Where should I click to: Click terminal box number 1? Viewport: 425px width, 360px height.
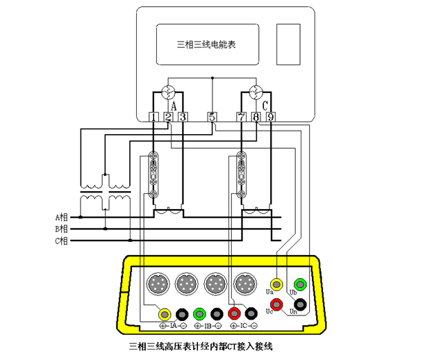(154, 117)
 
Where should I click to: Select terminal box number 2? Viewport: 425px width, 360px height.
(169, 117)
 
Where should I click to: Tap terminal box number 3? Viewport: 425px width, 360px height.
(183, 117)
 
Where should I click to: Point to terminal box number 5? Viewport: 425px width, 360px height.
(212, 117)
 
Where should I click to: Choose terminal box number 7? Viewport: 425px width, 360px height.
(241, 117)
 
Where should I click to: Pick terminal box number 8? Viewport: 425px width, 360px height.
(256, 117)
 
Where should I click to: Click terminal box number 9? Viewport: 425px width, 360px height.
(270, 117)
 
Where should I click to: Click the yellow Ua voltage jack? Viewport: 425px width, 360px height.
(277, 284)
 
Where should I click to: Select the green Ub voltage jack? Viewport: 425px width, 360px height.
(300, 284)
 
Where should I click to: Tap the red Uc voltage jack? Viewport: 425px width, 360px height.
(277, 304)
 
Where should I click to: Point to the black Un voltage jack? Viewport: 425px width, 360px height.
(300, 304)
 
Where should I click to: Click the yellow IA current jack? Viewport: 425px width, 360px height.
(165, 313)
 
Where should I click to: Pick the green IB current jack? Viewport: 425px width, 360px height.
(200, 313)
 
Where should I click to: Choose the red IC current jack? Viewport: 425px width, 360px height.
(235, 313)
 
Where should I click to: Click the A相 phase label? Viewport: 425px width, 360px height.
(62, 217)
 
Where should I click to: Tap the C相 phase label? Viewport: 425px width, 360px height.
(62, 241)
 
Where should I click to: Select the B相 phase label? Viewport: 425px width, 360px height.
(62, 229)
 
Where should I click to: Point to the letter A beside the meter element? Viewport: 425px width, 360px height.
(174, 105)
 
